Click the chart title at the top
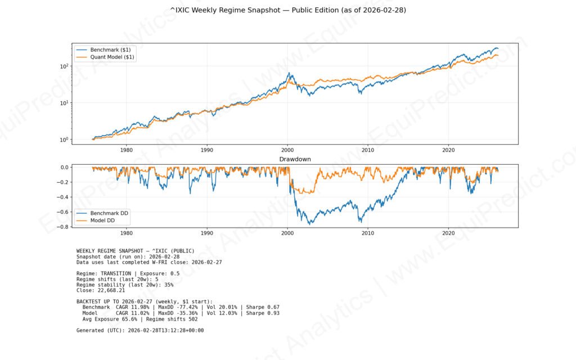(288, 10)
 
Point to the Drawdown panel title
(295, 160)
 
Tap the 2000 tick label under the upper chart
(287, 151)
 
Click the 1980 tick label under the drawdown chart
(127, 232)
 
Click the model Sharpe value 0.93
(273, 313)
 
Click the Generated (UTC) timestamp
(166, 330)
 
